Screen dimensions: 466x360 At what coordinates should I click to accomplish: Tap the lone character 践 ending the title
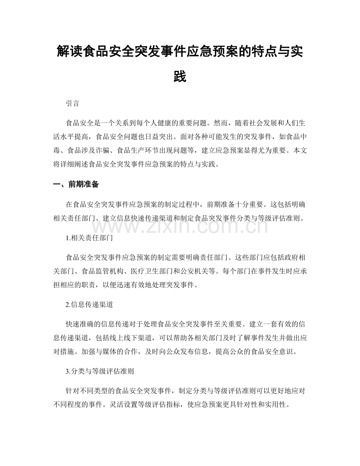(180, 76)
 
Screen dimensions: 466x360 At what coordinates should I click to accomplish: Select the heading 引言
(73, 104)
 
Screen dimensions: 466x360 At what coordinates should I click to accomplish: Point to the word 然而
(223, 122)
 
